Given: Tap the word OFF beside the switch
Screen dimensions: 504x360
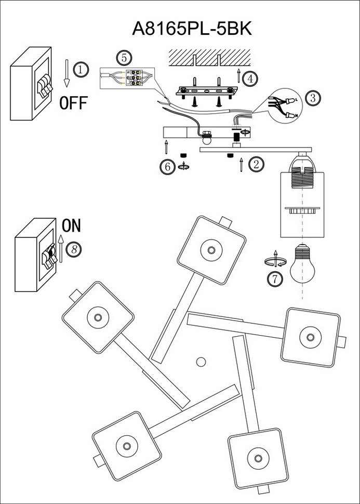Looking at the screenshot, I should [x=73, y=103].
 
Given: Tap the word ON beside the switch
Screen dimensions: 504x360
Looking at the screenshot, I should [x=72, y=226].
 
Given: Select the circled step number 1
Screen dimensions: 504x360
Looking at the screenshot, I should [x=81, y=69].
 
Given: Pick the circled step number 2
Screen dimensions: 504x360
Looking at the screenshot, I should [x=256, y=165].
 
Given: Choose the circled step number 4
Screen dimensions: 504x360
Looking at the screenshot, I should [x=250, y=79].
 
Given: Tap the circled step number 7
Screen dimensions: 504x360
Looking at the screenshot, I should [x=275, y=279].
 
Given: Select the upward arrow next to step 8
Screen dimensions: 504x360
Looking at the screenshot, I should [x=60, y=247].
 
